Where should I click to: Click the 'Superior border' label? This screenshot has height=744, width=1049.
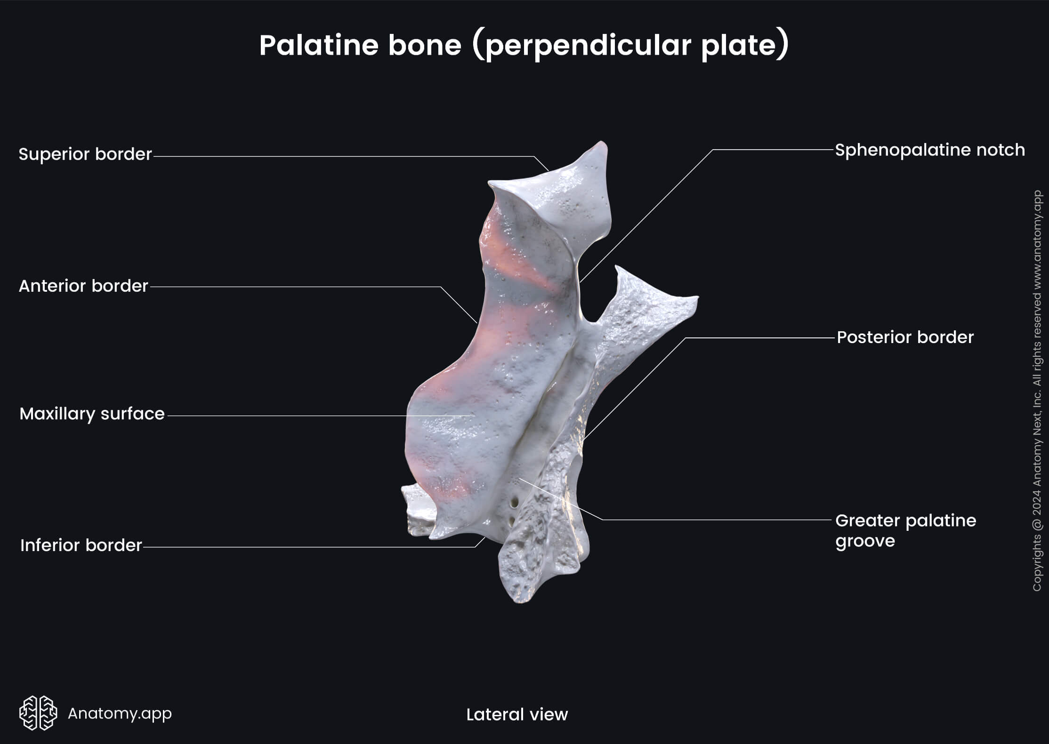tap(85, 154)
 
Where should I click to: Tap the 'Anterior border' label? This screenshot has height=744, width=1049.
tap(83, 286)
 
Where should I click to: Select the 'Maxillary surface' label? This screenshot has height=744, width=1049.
tap(92, 414)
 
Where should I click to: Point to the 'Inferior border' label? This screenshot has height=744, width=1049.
tap(81, 545)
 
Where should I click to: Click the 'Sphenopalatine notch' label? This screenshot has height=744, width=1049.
tap(930, 150)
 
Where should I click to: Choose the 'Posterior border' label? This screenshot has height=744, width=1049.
tap(905, 337)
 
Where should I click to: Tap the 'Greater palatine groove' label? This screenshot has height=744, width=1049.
tap(905, 530)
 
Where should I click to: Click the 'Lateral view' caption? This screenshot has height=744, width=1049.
tap(517, 714)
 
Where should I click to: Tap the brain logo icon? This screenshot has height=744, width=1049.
tap(38, 713)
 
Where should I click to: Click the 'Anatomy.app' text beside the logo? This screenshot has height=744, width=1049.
tap(120, 713)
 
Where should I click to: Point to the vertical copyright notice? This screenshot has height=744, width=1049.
tap(1037, 391)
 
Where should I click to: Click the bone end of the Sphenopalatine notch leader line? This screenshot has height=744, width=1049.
tap(580, 282)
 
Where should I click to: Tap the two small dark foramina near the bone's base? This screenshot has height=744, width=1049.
tap(514, 508)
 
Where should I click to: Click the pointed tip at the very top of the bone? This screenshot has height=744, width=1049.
tap(602, 142)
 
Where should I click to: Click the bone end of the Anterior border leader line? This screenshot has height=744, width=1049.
tap(477, 322)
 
